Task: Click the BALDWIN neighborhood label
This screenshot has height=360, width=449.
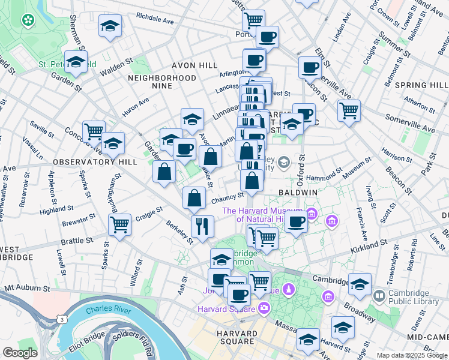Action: (298, 192)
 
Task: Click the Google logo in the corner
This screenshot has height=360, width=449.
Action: (20, 352)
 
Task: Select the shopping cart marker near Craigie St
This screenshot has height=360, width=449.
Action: (119, 225)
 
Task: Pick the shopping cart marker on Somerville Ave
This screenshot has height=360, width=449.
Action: (349, 110)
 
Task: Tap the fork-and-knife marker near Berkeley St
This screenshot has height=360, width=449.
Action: (202, 226)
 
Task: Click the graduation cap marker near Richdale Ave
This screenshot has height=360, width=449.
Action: (110, 26)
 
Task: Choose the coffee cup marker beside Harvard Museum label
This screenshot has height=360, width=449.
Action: (295, 221)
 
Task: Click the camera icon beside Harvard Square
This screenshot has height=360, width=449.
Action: (264, 308)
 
